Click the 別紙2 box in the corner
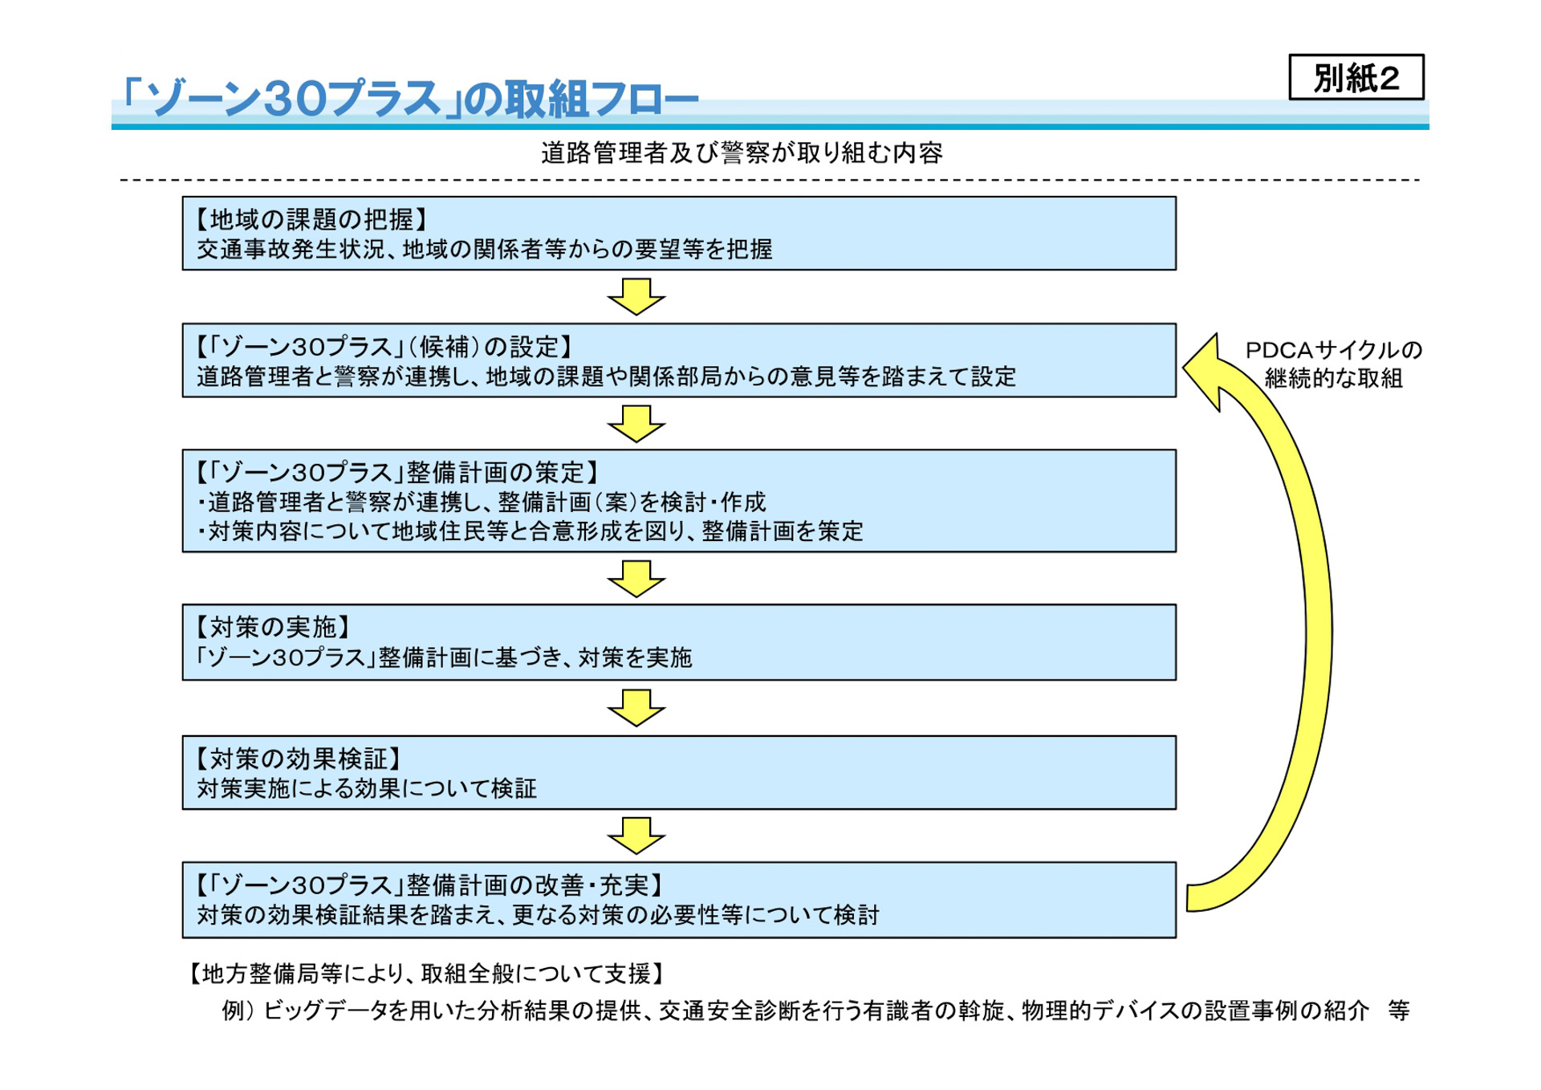1356,77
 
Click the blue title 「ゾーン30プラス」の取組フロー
409,99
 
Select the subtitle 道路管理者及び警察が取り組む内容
741,153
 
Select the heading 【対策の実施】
273,626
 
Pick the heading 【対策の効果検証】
298,758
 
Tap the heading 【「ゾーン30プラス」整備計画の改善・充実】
429,885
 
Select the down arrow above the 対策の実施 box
636,579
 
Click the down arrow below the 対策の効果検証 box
636,836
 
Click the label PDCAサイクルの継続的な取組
1333,364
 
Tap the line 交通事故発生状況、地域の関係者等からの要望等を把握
485,250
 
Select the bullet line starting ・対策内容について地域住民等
530,531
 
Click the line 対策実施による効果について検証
367,788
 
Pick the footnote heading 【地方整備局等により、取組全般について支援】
426,974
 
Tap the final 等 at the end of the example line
1399,1011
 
